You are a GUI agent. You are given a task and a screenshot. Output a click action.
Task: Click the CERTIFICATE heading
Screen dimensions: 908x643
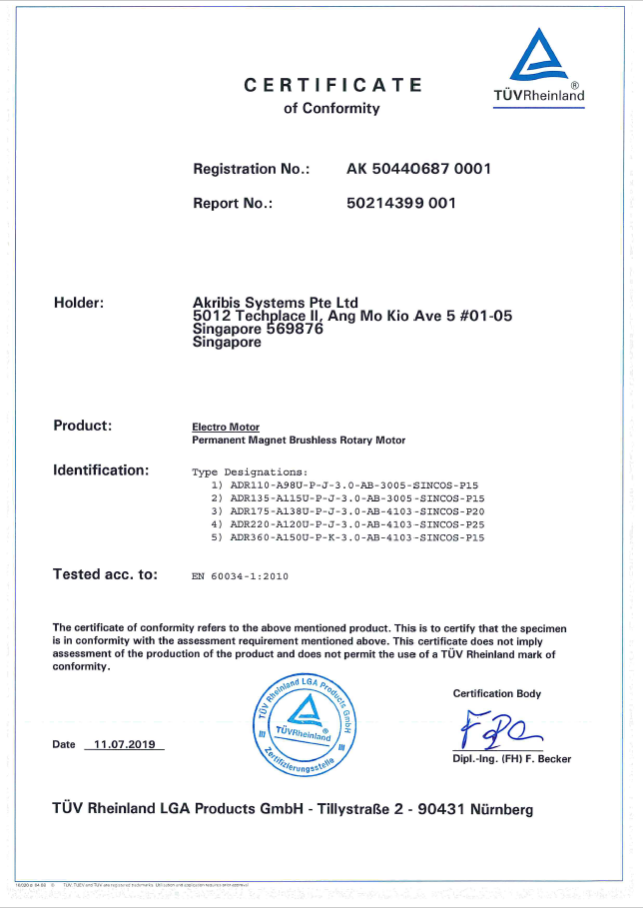pos(332,86)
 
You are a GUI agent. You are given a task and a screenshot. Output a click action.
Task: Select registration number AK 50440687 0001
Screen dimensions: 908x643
pos(418,169)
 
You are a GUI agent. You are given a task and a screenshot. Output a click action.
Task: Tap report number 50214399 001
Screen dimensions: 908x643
pos(400,203)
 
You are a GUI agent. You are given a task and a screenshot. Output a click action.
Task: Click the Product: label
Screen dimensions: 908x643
pos(82,426)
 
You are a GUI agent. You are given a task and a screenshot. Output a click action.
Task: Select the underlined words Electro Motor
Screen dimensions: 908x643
pos(226,427)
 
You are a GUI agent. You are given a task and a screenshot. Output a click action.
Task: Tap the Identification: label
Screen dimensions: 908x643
pos(101,469)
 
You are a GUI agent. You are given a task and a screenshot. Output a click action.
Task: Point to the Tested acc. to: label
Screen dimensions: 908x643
pos(105,574)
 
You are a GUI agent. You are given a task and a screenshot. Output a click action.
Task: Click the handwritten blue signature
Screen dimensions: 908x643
pos(499,729)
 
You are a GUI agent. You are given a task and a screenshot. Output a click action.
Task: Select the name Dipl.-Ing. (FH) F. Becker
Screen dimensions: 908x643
pos(511,759)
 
